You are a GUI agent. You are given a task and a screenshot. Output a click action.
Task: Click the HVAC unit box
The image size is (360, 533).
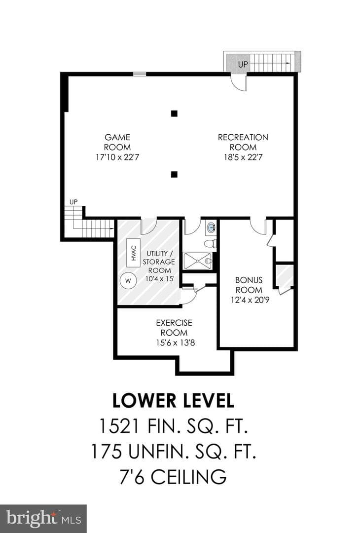click(x=134, y=253)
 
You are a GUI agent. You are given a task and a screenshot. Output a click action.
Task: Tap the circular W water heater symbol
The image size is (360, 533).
click(x=128, y=281)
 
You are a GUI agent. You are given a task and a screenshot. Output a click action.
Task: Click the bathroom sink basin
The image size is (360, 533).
click(x=211, y=228)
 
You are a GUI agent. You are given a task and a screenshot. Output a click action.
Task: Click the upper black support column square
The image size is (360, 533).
click(x=174, y=114)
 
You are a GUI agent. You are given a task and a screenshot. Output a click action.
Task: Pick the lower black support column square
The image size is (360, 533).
click(x=174, y=174)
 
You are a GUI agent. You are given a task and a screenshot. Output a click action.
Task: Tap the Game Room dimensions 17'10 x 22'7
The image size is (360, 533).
click(x=117, y=157)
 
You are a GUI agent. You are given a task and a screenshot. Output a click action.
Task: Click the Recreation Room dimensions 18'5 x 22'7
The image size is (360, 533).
click(x=243, y=157)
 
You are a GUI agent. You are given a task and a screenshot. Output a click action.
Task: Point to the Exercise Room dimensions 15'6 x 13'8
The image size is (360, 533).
click(x=175, y=343)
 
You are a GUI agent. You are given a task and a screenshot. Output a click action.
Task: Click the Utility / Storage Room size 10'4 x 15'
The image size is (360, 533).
click(x=160, y=279)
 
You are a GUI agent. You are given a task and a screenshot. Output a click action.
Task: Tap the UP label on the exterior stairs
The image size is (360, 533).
click(x=243, y=64)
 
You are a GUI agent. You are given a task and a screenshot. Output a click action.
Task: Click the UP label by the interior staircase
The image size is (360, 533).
click(x=73, y=202)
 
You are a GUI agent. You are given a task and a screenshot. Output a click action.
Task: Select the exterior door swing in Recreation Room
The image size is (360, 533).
click(x=238, y=82)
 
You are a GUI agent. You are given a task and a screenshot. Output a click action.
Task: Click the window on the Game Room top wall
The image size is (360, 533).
click(x=139, y=74)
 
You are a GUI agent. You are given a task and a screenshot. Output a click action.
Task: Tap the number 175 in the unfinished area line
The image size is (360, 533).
click(x=107, y=452)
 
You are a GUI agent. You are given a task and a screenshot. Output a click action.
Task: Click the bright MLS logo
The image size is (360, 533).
click(x=43, y=519)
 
